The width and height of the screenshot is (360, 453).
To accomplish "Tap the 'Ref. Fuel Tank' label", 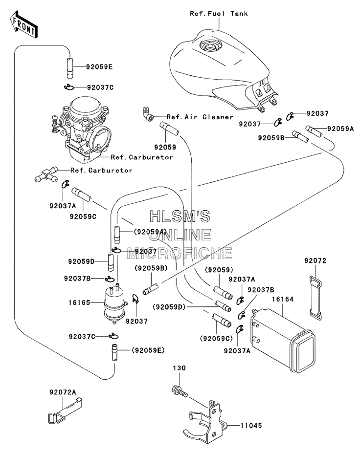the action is tap(219, 13).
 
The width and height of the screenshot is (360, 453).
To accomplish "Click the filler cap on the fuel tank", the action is tap(210, 45).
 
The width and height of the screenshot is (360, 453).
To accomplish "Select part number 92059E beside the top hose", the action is tap(99, 67).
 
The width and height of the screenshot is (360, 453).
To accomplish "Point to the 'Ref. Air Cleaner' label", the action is tap(200, 117).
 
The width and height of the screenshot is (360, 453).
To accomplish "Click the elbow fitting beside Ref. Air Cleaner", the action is tap(148, 114).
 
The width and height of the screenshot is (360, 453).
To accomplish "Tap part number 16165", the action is tap(79, 302).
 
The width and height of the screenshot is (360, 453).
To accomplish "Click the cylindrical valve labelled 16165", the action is tap(115, 304).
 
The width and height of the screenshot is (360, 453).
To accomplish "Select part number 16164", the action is tap(283, 299).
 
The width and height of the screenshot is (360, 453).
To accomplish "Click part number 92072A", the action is tap(63, 392).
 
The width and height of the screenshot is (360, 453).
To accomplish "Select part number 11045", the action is tap(251, 426).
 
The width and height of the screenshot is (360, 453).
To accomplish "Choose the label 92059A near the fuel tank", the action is tap(340, 129).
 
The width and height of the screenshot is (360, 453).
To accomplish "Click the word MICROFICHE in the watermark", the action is tap(180, 253).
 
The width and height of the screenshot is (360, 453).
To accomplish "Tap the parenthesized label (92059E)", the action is tap(148, 350).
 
